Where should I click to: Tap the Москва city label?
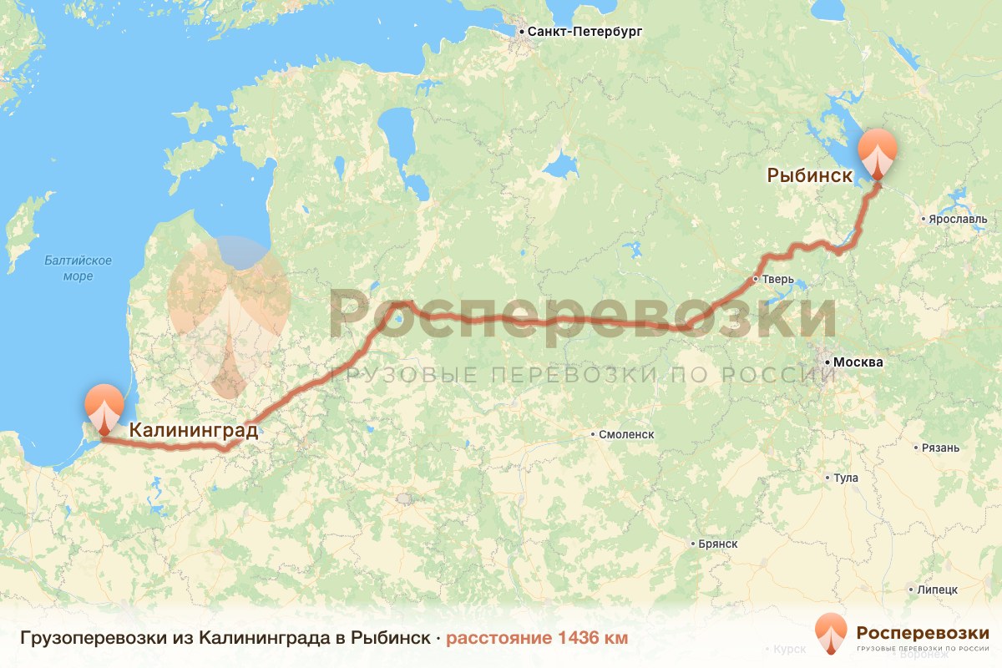[853, 363]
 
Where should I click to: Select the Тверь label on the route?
[772, 279]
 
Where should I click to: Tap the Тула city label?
[846, 478]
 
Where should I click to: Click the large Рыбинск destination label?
[809, 176]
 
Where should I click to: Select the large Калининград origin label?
[193, 431]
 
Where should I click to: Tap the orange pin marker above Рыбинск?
[878, 153]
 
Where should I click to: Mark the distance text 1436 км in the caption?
[590, 638]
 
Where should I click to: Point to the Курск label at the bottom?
[789, 649]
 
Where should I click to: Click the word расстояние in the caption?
[497, 638]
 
